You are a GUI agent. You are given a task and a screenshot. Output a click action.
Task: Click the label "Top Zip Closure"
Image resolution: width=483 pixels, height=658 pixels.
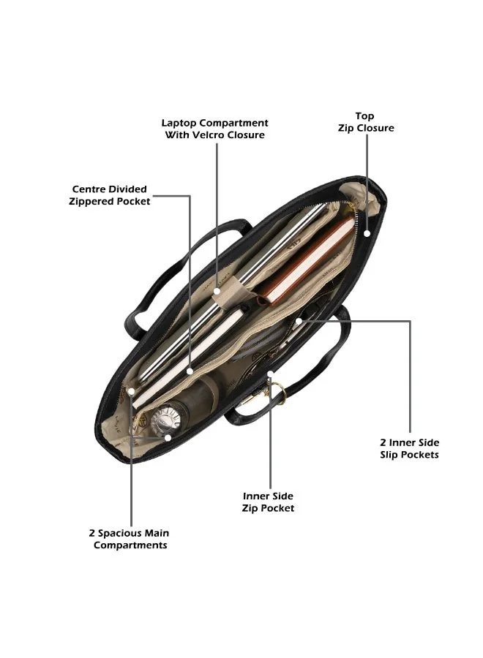pos(366,122)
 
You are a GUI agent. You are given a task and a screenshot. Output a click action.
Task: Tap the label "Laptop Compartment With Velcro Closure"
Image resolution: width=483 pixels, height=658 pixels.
pos(214,129)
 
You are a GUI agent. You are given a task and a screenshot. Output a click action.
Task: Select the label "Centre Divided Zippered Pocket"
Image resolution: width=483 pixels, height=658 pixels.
pos(109,195)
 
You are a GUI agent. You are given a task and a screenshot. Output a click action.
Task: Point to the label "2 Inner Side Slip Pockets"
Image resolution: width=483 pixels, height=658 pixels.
pos(409,449)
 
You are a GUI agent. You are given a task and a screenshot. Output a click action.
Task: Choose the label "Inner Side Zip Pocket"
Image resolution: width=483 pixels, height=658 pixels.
pos(268,502)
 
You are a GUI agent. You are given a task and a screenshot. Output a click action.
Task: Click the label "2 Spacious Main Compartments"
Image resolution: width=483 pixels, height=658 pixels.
pos(130,540)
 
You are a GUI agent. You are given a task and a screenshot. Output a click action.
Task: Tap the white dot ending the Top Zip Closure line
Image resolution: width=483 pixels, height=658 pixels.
pos(367,233)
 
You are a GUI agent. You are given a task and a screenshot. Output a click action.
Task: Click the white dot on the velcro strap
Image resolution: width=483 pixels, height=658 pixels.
pos(217,291)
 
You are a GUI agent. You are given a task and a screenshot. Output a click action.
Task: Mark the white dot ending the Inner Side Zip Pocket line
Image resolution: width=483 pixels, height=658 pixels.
pos(271,373)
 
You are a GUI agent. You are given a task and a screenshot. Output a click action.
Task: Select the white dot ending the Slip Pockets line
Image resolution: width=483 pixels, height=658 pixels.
pos(298,321)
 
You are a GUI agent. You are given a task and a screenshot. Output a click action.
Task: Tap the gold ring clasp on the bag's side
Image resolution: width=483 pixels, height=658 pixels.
pos(277,393)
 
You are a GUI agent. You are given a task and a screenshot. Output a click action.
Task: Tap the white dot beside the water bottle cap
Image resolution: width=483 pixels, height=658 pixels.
pos(168,437)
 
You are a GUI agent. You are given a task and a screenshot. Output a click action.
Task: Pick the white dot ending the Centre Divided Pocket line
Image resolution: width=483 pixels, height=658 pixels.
pos(190,371)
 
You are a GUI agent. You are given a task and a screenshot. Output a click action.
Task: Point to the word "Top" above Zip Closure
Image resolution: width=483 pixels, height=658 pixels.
pos(364,116)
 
